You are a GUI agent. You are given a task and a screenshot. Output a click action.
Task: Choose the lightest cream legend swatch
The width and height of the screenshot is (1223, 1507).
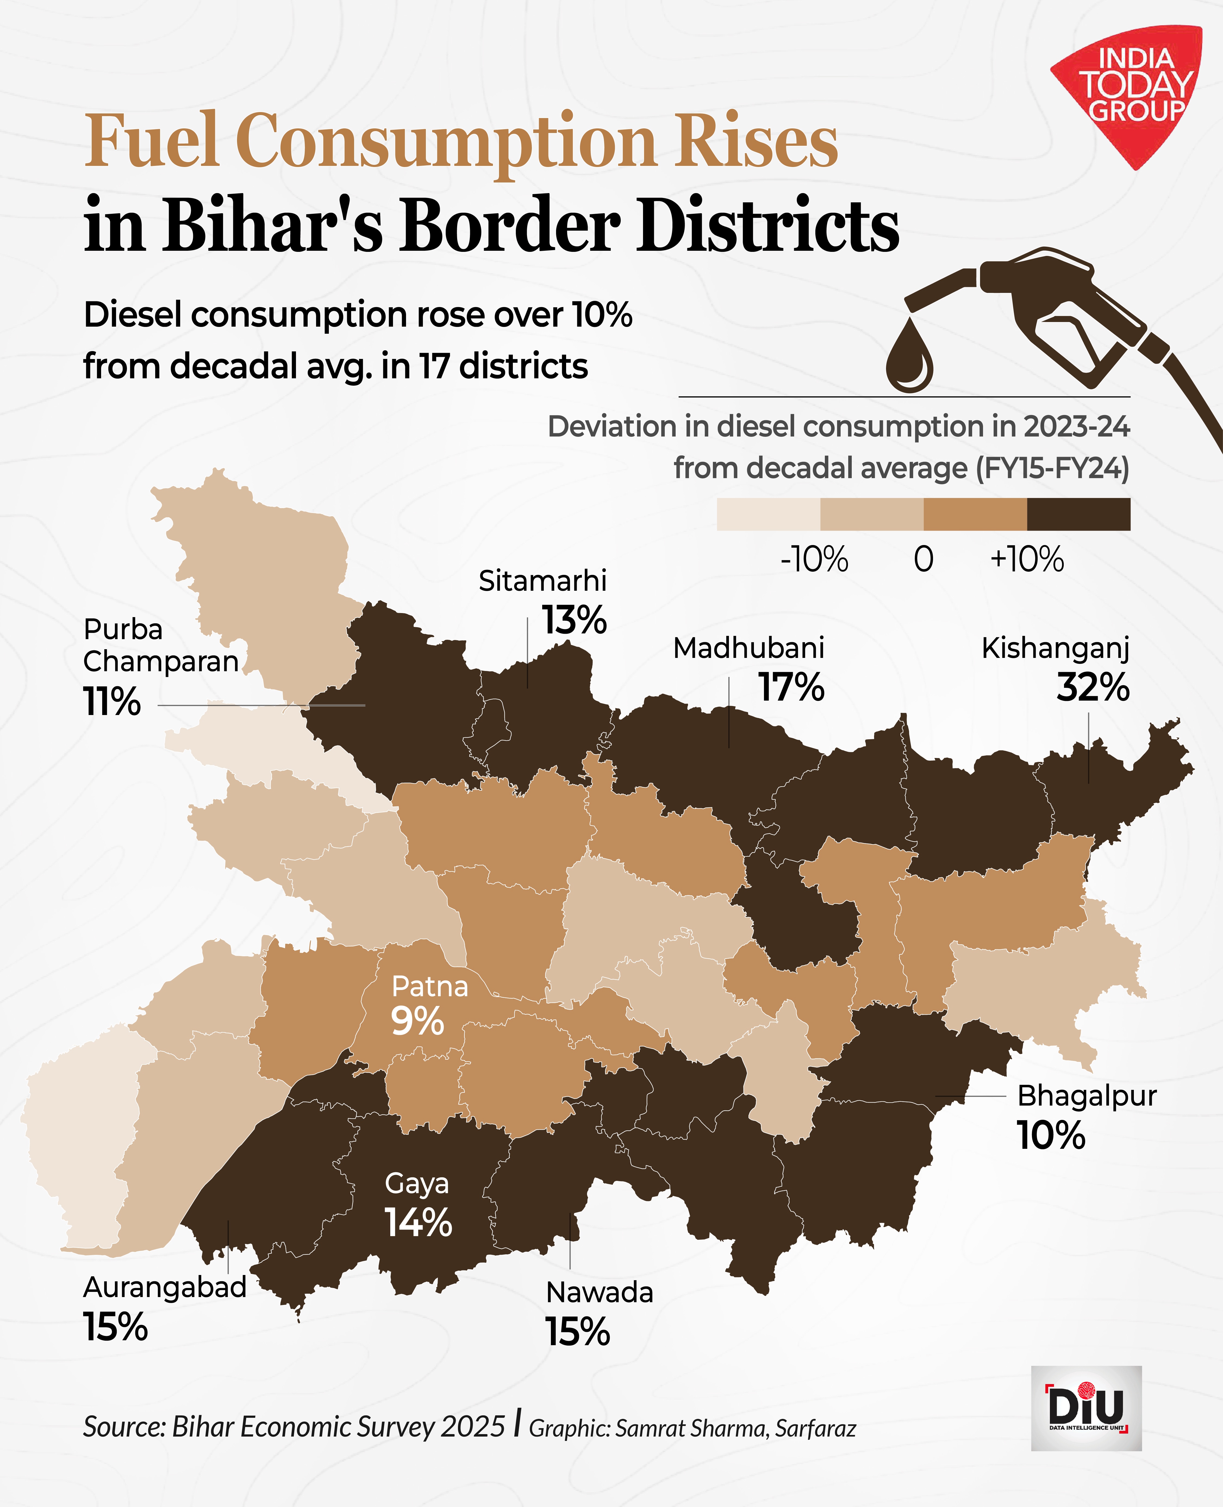[x=768, y=514]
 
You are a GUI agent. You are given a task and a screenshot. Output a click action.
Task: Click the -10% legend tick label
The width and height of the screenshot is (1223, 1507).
[x=814, y=560]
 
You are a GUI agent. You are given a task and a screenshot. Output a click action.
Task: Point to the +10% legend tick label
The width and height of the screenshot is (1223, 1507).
[x=1027, y=560]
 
